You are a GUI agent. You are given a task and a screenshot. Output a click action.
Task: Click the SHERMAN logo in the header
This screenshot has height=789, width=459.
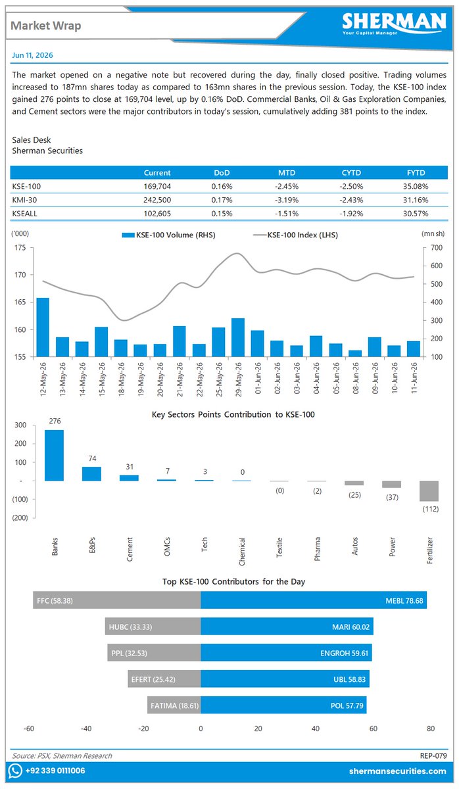(394, 24)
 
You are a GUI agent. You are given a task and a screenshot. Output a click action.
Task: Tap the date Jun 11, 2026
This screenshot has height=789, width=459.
(32, 55)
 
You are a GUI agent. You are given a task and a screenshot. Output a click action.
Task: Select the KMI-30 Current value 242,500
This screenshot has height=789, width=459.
(157, 200)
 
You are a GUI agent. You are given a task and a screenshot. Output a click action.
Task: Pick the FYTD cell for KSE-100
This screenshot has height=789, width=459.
(416, 186)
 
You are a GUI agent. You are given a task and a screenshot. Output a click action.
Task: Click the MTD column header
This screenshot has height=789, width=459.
(287, 172)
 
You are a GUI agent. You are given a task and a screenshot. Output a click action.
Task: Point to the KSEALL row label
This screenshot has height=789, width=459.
(24, 214)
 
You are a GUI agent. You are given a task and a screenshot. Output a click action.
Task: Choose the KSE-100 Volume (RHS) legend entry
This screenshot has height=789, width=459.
(169, 235)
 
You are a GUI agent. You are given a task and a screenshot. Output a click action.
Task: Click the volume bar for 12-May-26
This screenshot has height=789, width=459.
(43, 327)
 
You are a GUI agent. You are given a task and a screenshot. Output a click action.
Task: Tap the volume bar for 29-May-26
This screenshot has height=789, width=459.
(238, 337)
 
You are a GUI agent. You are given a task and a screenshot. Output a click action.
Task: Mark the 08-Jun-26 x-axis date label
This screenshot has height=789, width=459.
(356, 378)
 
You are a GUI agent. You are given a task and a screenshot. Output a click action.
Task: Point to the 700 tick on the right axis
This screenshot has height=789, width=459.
(437, 248)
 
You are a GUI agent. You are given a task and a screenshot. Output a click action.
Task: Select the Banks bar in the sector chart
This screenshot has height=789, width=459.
(54, 455)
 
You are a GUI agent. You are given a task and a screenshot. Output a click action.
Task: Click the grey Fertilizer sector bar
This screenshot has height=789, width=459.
(429, 491)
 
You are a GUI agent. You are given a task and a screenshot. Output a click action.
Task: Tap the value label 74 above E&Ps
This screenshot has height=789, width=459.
(92, 458)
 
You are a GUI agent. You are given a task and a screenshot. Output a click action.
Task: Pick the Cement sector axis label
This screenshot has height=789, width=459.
(130, 549)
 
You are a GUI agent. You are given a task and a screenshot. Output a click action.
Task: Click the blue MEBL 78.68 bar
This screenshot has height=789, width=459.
(314, 600)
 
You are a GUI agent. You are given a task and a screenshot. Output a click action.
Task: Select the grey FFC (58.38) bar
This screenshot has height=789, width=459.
(117, 600)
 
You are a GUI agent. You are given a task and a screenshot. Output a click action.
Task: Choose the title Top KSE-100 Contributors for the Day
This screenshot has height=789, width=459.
(233, 581)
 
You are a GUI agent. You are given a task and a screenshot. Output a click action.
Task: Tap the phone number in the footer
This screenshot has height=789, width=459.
(55, 771)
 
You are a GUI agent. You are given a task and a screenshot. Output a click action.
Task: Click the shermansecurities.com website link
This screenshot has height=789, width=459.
(398, 771)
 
